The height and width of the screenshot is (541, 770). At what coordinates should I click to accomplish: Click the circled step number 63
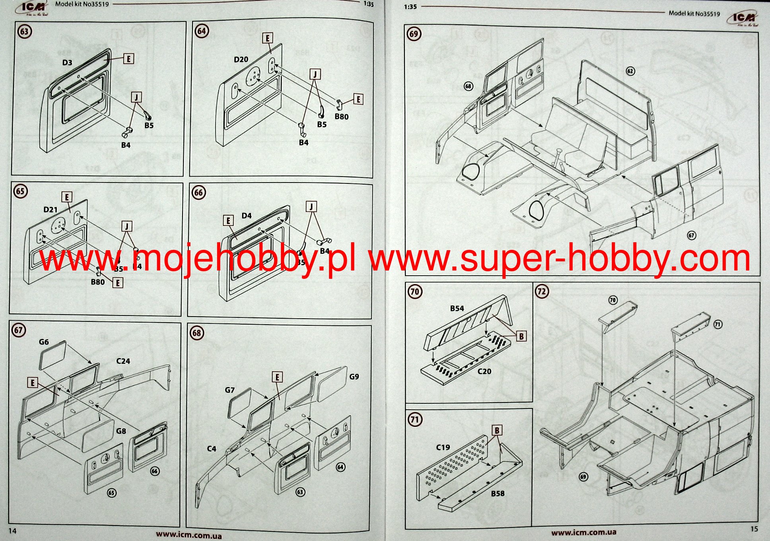(x=25, y=31)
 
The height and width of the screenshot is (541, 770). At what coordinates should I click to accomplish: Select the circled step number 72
(x=542, y=291)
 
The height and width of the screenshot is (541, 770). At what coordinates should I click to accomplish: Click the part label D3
(x=67, y=62)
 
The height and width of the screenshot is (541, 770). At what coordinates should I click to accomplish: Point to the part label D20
(x=241, y=59)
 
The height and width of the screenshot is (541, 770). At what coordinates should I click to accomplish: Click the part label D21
(x=51, y=209)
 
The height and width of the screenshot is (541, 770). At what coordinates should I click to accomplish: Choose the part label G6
(x=44, y=342)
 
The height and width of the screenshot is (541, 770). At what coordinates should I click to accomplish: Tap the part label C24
(x=123, y=361)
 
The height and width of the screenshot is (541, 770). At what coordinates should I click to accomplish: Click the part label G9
(x=354, y=376)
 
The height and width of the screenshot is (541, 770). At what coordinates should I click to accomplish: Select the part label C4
(x=212, y=448)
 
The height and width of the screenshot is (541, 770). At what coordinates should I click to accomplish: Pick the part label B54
(x=457, y=308)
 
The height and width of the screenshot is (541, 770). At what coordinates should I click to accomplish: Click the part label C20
(x=484, y=371)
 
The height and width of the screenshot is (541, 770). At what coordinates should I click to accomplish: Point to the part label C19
(x=443, y=447)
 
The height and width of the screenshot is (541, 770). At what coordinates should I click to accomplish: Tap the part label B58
(x=498, y=493)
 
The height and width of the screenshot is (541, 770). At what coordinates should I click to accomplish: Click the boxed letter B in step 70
(x=521, y=336)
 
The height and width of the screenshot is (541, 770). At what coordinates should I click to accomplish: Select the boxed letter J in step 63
(x=136, y=97)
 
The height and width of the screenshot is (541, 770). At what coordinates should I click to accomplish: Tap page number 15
(x=754, y=529)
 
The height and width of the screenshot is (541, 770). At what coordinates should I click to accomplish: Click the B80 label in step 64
(x=341, y=117)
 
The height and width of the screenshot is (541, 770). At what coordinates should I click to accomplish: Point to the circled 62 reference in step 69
(x=630, y=71)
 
